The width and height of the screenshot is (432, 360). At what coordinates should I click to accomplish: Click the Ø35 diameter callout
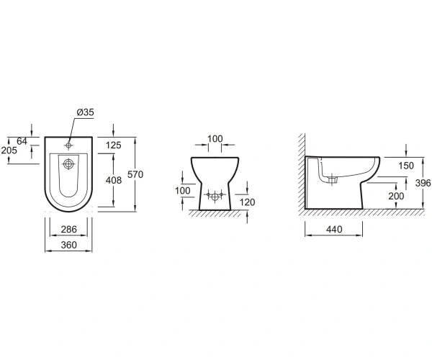(x=86, y=112)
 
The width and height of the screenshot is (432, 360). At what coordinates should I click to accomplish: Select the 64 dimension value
(x=22, y=141)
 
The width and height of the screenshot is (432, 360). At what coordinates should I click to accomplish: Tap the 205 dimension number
(x=9, y=150)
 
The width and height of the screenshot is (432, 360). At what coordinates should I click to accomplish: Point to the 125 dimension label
(x=114, y=145)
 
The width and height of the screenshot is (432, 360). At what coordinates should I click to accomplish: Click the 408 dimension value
(x=114, y=181)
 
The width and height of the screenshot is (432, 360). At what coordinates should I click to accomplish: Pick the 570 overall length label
(x=135, y=174)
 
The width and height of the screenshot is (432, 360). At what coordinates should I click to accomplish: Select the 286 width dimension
(x=68, y=229)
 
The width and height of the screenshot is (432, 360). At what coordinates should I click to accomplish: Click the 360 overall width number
(x=68, y=245)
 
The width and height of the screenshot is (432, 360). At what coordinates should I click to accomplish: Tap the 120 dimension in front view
(x=247, y=202)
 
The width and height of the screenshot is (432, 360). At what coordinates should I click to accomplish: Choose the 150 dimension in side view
(x=406, y=166)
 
